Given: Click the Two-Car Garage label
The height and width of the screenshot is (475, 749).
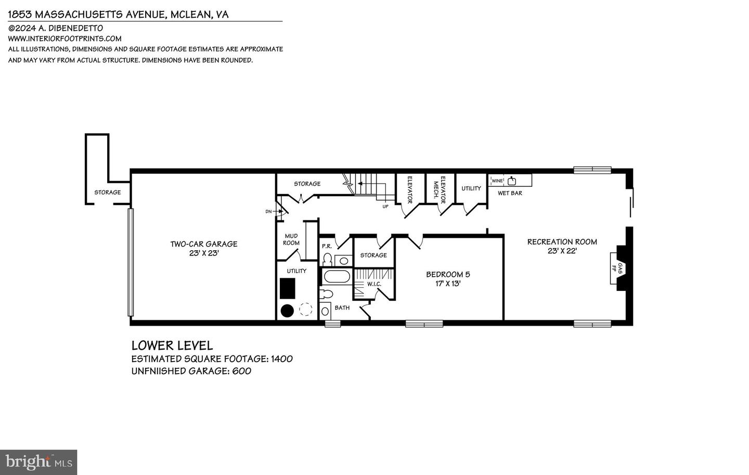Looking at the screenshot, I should (x=203, y=244).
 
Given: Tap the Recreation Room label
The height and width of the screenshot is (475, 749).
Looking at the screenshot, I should (x=562, y=242).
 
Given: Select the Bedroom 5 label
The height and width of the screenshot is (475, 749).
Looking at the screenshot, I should (x=448, y=275).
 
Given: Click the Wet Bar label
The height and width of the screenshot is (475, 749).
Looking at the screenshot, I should (x=510, y=193).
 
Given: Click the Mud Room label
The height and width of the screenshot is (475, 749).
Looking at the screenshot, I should (x=291, y=239).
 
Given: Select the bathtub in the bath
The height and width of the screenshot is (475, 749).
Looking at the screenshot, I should (x=337, y=276).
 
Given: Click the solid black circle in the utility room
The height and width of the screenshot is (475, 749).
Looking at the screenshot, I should (x=287, y=311).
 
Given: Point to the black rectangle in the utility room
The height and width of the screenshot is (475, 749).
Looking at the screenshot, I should (x=288, y=288).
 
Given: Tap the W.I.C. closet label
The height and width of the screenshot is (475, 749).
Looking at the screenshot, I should (x=374, y=284).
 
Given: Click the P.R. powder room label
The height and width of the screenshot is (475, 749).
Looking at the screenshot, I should (x=327, y=246).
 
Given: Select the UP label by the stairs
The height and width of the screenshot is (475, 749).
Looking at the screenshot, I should (x=385, y=207).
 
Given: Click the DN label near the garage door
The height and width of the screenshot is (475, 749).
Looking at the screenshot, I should (x=268, y=211).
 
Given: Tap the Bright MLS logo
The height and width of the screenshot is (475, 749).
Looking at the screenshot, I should (x=38, y=462).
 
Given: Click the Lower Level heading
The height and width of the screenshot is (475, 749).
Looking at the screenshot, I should (x=172, y=345).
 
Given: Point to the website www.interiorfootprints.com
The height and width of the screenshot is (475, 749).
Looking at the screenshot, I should (x=64, y=38).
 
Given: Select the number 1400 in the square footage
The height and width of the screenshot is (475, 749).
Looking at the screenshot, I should (x=281, y=359).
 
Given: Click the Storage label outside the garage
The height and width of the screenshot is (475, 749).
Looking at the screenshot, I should (x=107, y=192).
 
